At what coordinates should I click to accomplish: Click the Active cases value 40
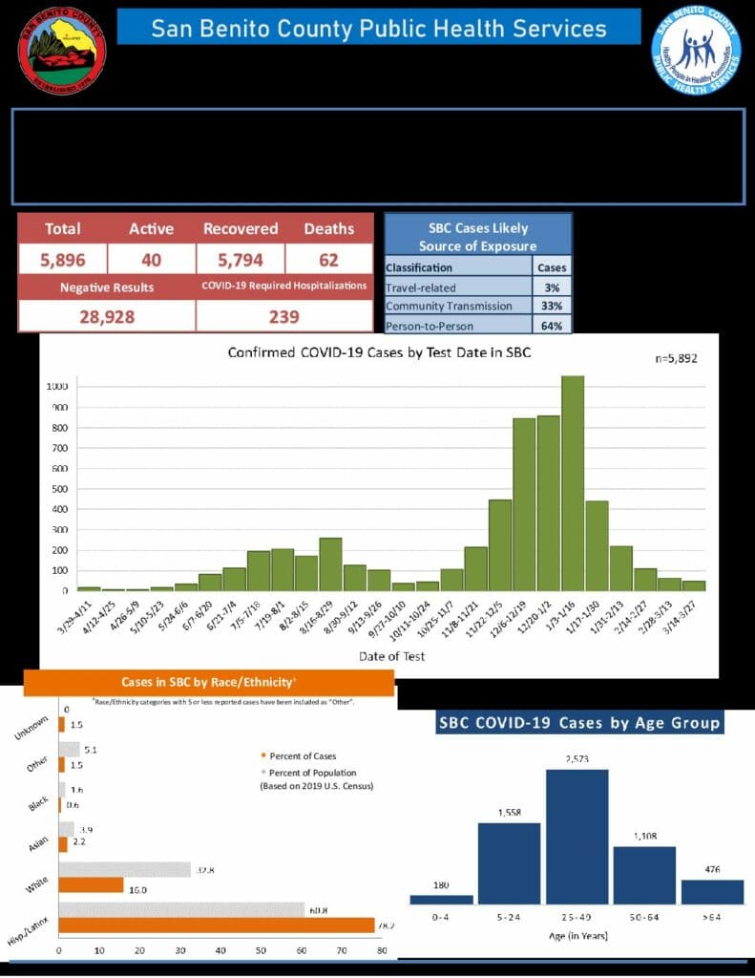151,259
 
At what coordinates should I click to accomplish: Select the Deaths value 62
328,259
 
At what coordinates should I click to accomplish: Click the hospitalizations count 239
283,316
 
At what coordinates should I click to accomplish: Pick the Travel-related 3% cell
552,287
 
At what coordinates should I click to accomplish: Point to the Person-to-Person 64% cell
552,326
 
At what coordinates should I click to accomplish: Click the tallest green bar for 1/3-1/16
573,482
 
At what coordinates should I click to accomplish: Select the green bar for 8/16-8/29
330,563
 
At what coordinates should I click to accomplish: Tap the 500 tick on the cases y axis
59,489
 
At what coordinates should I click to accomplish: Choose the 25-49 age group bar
577,836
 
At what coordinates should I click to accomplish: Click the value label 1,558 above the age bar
509,812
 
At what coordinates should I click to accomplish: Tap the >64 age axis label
712,917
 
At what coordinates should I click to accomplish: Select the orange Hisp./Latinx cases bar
217,925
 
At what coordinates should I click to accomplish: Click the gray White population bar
125,869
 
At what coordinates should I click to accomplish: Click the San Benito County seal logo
62,51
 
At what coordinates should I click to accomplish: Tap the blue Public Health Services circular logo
697,51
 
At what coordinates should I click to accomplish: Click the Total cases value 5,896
62,259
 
